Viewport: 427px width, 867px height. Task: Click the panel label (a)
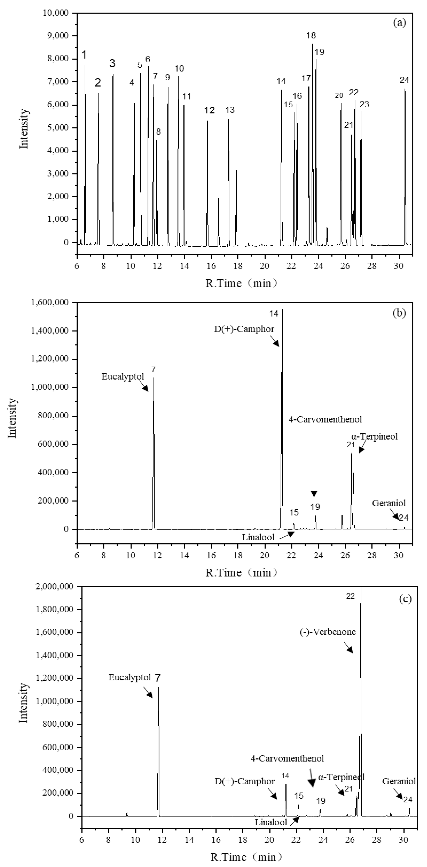tap(399, 23)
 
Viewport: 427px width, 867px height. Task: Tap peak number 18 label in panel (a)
tap(311, 35)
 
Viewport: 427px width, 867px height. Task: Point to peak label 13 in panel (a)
tap(230, 110)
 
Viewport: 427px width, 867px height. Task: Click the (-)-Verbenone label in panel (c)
tap(327, 632)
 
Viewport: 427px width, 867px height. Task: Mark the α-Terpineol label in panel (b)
tap(375, 437)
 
